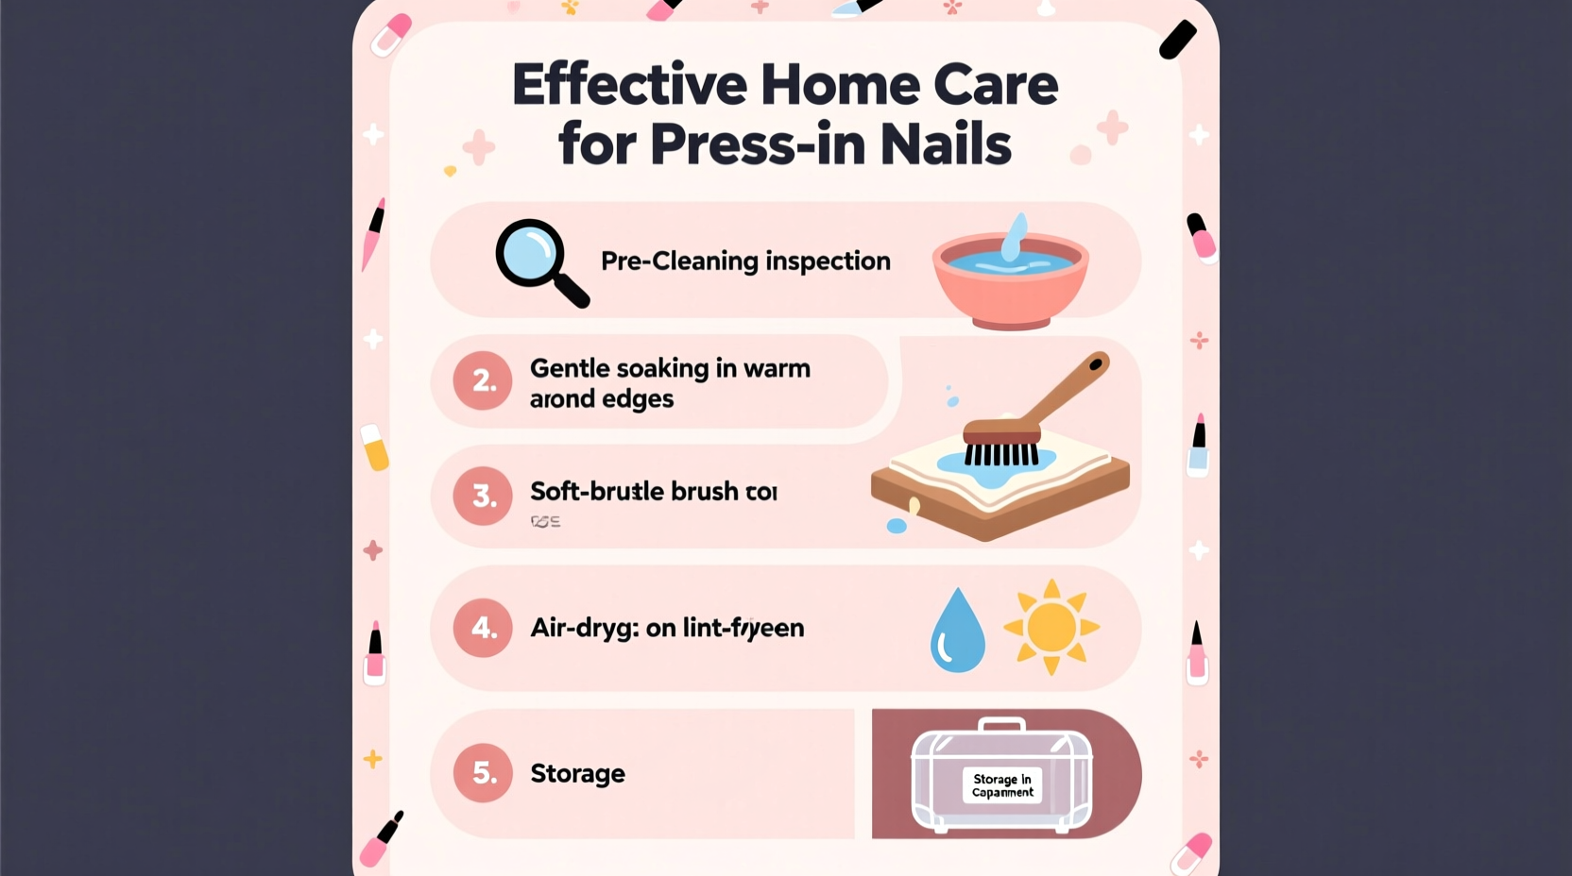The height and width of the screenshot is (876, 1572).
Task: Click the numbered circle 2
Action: click(483, 380)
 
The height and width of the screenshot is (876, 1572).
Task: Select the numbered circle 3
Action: click(483, 496)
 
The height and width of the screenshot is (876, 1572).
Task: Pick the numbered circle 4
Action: click(483, 628)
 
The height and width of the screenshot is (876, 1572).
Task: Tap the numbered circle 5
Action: click(483, 773)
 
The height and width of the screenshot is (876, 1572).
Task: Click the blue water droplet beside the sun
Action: click(957, 632)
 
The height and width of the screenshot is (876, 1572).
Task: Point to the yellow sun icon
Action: click(1051, 627)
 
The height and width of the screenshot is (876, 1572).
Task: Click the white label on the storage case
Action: click(1002, 785)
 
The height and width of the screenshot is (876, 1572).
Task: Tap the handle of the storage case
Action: click(1001, 724)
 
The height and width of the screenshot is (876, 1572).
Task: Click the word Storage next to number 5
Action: click(577, 774)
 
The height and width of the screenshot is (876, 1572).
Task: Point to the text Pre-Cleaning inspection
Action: click(745, 261)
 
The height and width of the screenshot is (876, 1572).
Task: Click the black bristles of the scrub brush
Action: click(1000, 455)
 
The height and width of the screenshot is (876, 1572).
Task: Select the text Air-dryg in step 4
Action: click(584, 629)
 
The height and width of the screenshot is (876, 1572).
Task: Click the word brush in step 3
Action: click(698, 492)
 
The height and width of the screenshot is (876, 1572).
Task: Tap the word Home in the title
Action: click(840, 85)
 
